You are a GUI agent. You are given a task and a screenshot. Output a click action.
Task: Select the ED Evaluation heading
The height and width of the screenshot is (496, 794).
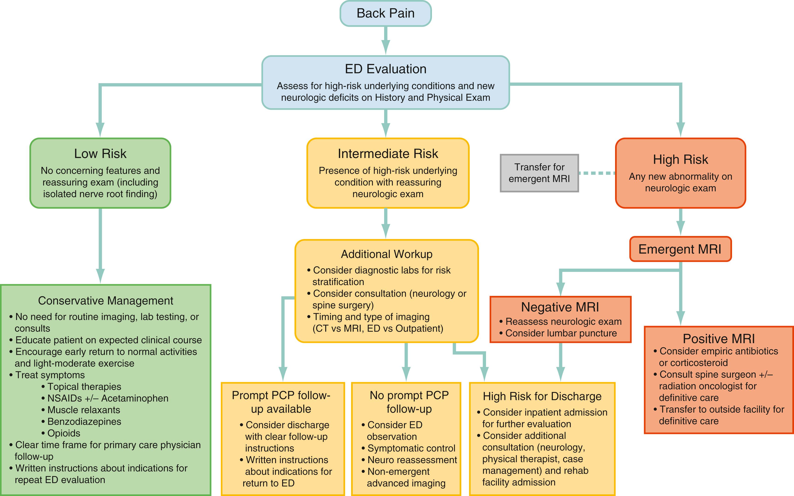[x=385, y=69]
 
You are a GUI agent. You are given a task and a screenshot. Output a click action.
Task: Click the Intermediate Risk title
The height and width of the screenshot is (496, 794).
[x=388, y=154]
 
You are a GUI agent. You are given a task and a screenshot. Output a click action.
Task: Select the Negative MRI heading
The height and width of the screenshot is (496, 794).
[x=560, y=307]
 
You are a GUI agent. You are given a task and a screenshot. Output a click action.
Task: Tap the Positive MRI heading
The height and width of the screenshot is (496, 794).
[x=719, y=339]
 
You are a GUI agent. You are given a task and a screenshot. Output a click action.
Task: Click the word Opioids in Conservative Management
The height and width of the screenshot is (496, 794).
[x=64, y=433]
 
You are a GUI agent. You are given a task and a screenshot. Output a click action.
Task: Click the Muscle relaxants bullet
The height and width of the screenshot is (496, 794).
[x=84, y=410]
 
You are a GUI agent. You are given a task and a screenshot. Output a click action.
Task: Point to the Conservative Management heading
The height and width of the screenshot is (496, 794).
[x=106, y=301]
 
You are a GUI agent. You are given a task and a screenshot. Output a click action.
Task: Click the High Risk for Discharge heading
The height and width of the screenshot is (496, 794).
[x=542, y=396]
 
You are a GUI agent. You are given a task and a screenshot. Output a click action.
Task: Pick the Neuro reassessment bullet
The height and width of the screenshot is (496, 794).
[x=412, y=460]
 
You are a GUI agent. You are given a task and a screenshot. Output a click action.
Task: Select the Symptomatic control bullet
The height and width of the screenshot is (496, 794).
[x=411, y=448]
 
